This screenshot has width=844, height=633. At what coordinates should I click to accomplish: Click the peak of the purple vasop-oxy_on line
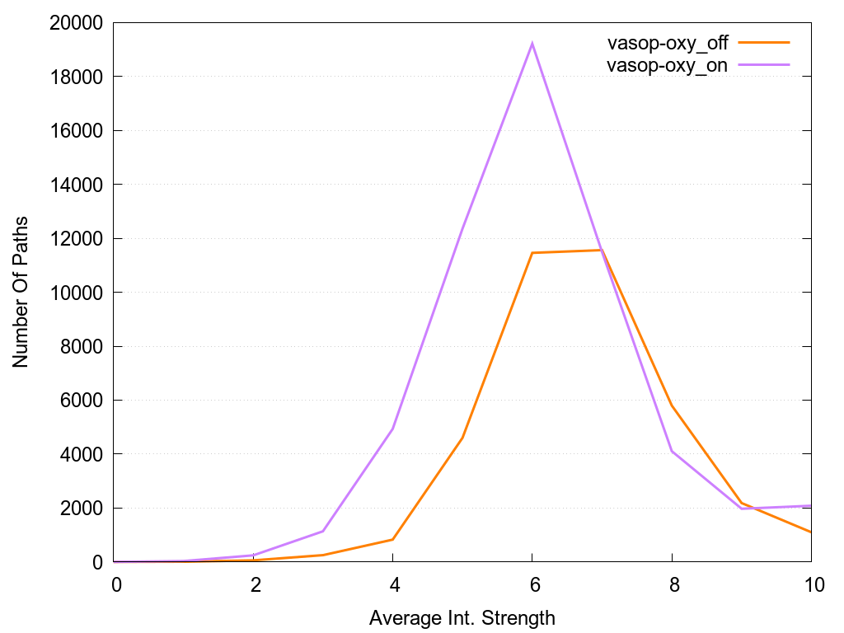click(x=532, y=43)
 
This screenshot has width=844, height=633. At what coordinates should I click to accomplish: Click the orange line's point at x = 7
click(x=603, y=250)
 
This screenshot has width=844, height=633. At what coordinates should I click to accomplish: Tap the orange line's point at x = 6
click(x=532, y=253)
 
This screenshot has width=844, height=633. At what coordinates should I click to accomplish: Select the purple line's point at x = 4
click(x=393, y=429)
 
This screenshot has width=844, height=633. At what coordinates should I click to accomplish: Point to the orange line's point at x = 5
click(x=463, y=438)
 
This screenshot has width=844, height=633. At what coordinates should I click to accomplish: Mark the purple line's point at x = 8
click(x=673, y=451)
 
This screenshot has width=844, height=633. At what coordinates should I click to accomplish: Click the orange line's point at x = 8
click(x=673, y=406)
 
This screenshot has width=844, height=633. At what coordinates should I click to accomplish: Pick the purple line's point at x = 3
click(x=324, y=531)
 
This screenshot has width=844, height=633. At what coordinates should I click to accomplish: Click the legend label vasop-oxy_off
click(x=667, y=43)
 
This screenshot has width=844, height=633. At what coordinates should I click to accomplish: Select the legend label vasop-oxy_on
click(x=667, y=66)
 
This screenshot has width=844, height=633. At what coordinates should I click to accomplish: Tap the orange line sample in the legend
click(x=764, y=42)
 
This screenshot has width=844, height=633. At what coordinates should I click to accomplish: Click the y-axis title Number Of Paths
click(x=21, y=292)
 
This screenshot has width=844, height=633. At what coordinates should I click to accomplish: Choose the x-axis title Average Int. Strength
click(x=462, y=617)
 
